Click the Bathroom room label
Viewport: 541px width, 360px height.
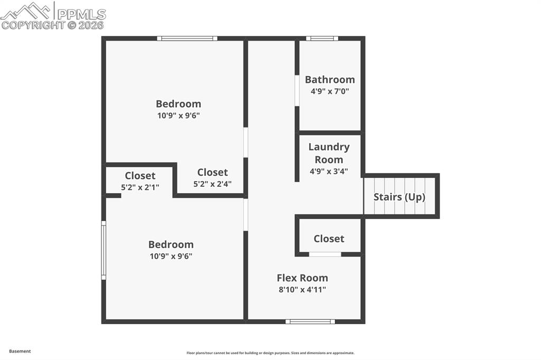tap(330, 80)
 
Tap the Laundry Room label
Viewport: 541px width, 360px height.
tap(329, 153)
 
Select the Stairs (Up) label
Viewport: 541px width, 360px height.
tap(399, 197)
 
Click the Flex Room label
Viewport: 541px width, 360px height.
tap(302, 278)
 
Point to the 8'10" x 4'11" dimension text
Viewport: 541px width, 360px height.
tap(302, 289)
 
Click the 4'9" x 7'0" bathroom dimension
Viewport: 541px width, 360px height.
tap(330, 91)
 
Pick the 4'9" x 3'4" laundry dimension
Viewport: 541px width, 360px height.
tap(329, 171)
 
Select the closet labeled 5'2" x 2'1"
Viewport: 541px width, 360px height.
tap(140, 187)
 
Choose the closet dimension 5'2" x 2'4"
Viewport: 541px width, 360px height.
tap(212, 184)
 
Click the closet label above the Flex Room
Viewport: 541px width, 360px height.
tap(329, 239)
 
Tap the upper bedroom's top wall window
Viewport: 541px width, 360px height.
tap(187, 38)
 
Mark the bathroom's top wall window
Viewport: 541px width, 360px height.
tap(322, 38)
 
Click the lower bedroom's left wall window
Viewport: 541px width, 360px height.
tap(104, 250)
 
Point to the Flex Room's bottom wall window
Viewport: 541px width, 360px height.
tap(310, 321)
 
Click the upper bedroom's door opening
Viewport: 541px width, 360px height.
tap(246, 142)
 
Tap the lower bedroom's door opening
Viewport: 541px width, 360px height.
tap(246, 214)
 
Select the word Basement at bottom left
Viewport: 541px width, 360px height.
tap(20, 351)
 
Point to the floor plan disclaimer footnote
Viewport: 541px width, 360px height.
tap(270, 353)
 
